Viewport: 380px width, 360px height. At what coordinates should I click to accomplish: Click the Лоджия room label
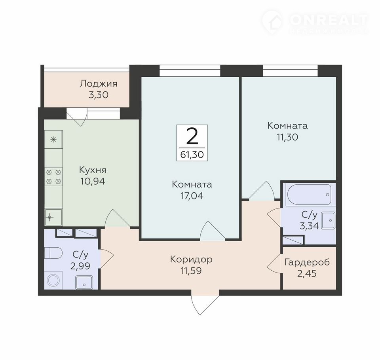(99, 83)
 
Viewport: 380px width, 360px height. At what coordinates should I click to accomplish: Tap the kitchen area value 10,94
(93, 181)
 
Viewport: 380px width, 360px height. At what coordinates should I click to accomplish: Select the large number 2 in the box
(192, 136)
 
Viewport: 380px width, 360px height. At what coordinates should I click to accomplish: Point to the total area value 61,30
(192, 155)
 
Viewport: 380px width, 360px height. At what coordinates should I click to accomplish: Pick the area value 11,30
(287, 137)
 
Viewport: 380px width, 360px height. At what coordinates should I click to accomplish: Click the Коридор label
(191, 260)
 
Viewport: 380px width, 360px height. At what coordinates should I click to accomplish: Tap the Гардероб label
(307, 262)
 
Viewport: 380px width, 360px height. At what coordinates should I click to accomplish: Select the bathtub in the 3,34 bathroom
(308, 195)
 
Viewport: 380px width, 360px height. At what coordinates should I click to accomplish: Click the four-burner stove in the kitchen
(53, 177)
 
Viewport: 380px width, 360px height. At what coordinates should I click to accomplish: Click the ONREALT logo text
(329, 20)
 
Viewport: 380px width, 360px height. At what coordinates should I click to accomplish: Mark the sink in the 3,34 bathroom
(329, 220)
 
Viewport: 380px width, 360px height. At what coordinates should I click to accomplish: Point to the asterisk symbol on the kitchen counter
(53, 140)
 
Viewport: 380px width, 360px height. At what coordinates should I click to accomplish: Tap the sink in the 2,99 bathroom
(84, 282)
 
